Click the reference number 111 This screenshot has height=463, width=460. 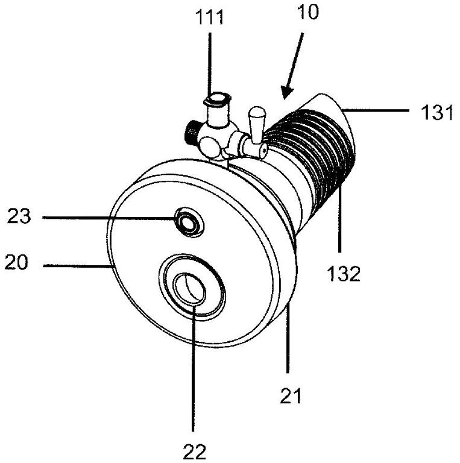(210, 17)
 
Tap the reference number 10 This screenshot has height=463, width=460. (308, 12)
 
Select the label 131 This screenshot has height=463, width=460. (436, 113)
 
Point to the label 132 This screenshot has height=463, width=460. (344, 274)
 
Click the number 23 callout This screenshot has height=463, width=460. (19, 216)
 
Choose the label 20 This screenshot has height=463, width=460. (16, 262)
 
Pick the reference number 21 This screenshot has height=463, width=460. (290, 395)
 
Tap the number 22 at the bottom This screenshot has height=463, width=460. (194, 452)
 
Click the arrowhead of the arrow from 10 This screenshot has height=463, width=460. (286, 92)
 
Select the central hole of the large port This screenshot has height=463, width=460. (189, 289)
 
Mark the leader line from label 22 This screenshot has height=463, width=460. (193, 368)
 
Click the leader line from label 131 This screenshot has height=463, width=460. (375, 110)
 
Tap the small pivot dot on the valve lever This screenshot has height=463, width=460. (263, 150)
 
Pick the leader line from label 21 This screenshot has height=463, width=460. (289, 339)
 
